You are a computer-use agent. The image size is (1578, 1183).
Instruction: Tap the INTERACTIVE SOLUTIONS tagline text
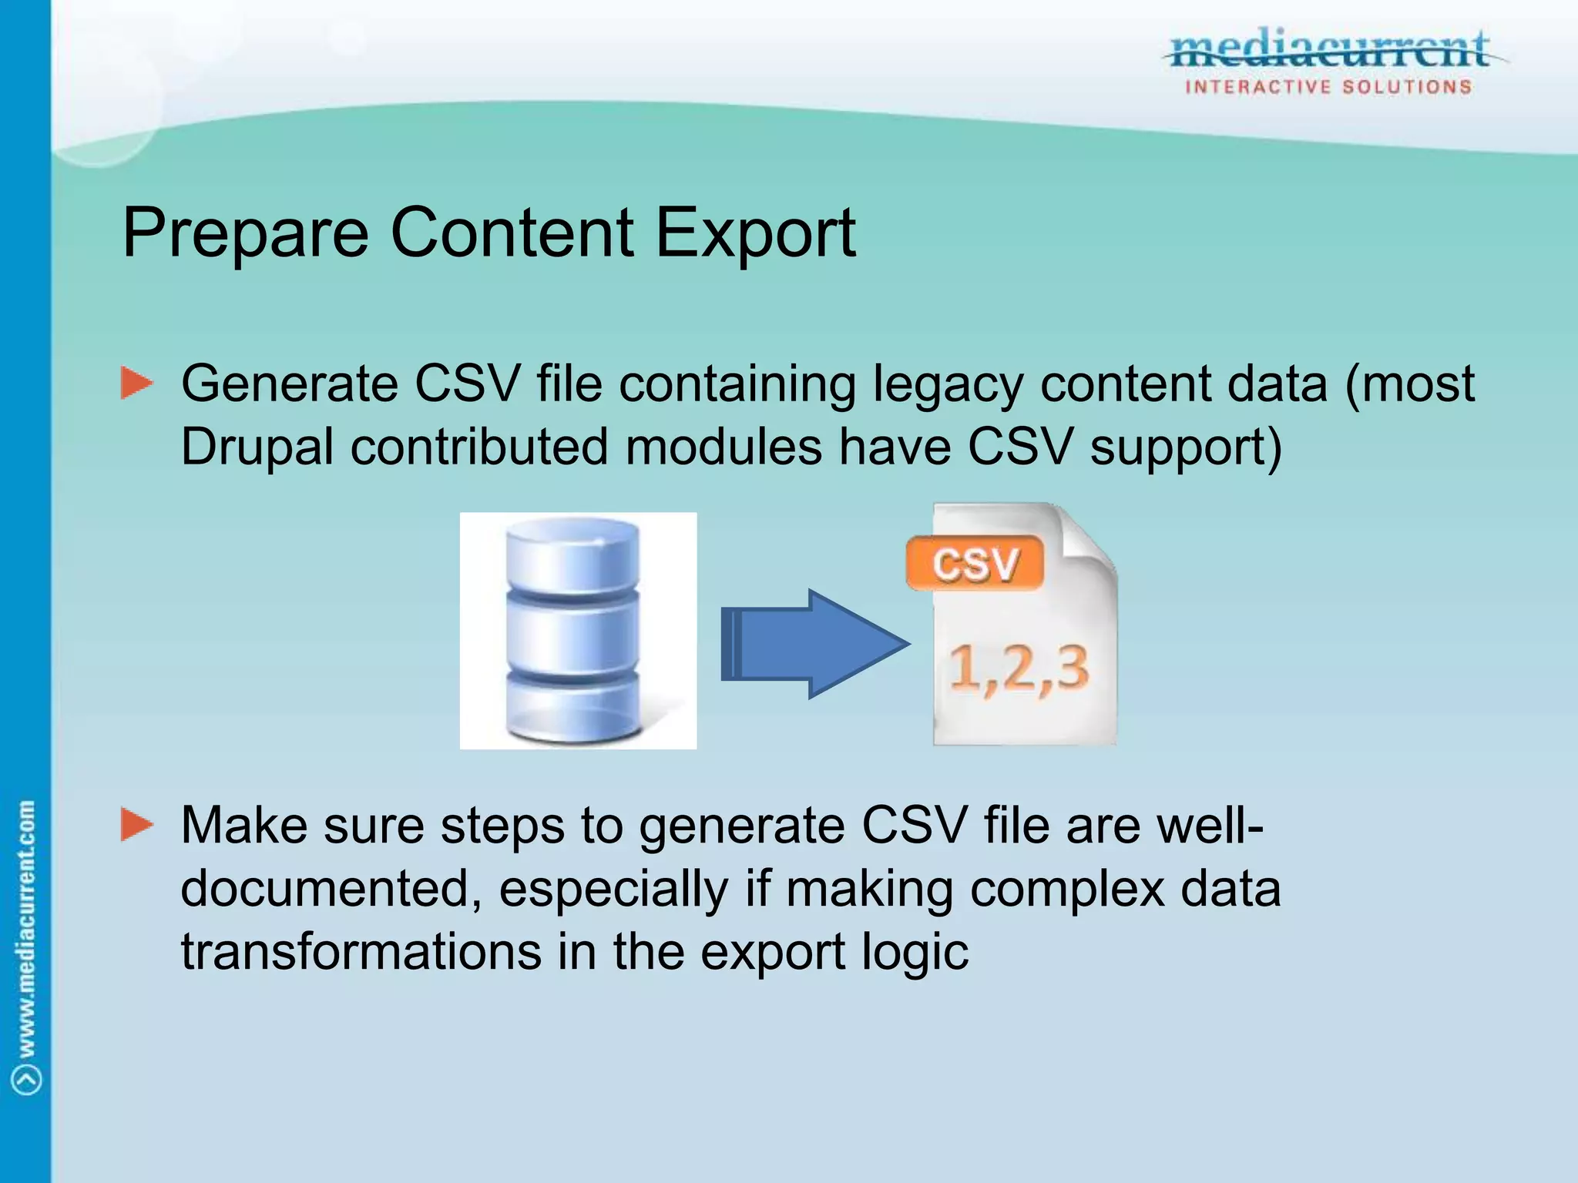[1328, 87]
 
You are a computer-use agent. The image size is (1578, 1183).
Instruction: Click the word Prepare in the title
[245, 233]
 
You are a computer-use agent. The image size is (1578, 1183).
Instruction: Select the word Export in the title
[755, 233]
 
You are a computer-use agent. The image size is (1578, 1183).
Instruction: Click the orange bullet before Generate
[137, 384]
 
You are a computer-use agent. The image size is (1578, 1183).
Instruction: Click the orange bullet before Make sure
[137, 825]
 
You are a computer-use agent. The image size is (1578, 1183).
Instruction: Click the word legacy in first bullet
[948, 384]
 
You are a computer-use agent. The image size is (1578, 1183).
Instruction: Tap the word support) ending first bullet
[1187, 447]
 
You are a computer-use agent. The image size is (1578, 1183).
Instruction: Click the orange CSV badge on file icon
[975, 564]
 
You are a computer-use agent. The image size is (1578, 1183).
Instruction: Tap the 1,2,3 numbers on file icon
[1019, 669]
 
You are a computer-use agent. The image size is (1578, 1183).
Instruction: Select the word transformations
[361, 952]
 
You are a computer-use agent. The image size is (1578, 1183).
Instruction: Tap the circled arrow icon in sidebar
[28, 1079]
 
